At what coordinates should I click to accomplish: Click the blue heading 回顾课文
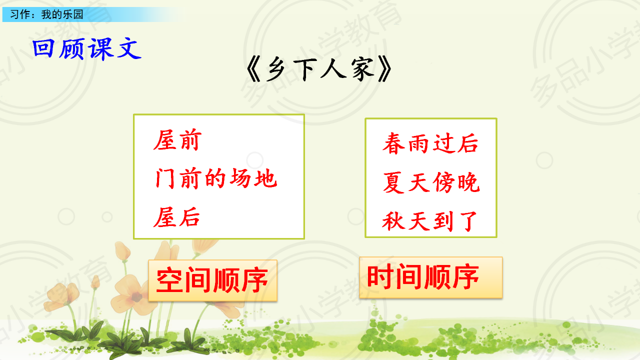pyautogui.click(x=87, y=49)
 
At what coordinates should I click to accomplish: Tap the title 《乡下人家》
pyautogui.click(x=319, y=69)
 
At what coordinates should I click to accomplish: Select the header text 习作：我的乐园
pyautogui.click(x=46, y=14)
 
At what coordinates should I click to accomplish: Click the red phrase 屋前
pyautogui.click(x=177, y=140)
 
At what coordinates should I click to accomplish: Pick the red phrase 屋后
pyautogui.click(x=176, y=217)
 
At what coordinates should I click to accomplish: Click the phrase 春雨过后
pyautogui.click(x=430, y=143)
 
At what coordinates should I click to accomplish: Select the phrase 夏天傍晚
pyautogui.click(x=431, y=182)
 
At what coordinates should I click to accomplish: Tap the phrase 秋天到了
pyautogui.click(x=429, y=221)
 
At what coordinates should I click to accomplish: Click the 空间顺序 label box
pyautogui.click(x=213, y=280)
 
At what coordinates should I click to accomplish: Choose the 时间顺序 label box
pyautogui.click(x=431, y=277)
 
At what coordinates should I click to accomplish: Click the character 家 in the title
pyautogui.click(x=363, y=69)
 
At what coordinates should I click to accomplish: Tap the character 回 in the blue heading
pyautogui.click(x=43, y=48)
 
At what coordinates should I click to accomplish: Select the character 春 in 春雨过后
pyautogui.click(x=393, y=143)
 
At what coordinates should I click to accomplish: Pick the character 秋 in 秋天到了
pyautogui.click(x=393, y=221)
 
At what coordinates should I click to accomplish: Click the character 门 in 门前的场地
pyautogui.click(x=165, y=178)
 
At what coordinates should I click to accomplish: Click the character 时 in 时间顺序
pyautogui.click(x=380, y=276)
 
